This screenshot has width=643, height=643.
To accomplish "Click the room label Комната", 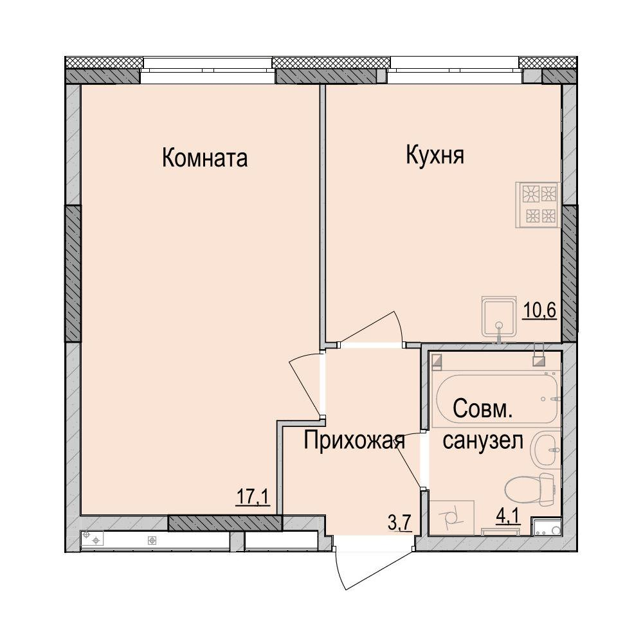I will pyautogui.click(x=204, y=158).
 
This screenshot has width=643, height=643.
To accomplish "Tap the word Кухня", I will pyautogui.click(x=435, y=156).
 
